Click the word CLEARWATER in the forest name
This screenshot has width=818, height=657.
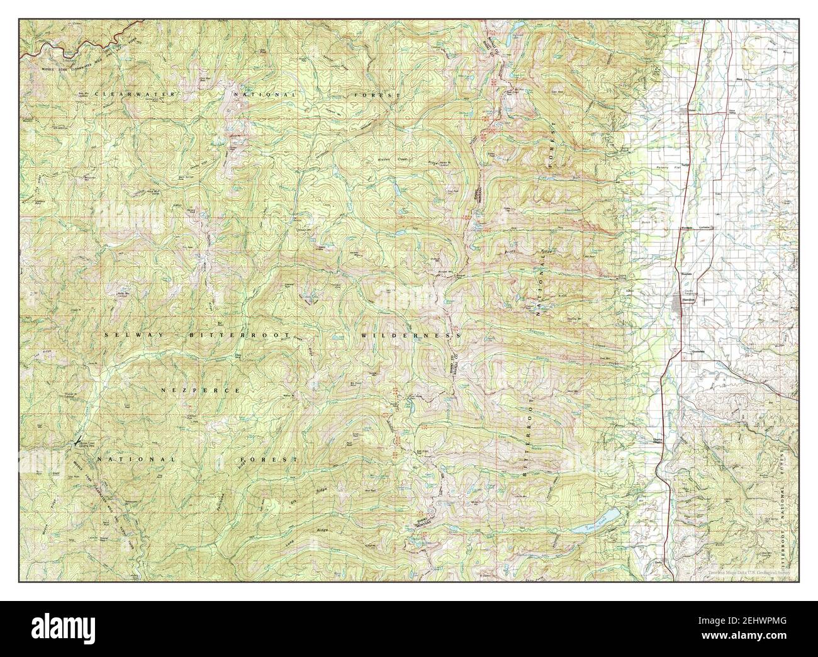[128, 94]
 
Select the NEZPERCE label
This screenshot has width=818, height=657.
[200, 391]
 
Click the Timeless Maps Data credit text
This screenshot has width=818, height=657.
[742, 573]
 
